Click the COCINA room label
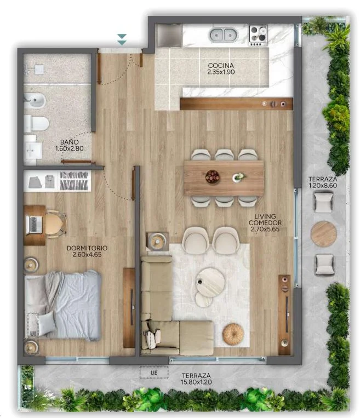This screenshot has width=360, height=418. coord(221,65)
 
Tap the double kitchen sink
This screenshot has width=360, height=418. coord(223,35)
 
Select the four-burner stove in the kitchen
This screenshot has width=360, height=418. coord(258,35)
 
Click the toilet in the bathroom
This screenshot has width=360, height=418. coord(36,123)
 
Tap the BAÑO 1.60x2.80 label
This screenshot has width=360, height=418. coord(70,145)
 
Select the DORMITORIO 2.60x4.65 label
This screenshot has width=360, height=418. coord(87,251)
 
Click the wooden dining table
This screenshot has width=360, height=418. coord(224,178)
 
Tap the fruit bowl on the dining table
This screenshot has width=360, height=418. coord(212,177)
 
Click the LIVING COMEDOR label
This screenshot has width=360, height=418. coord(265,219)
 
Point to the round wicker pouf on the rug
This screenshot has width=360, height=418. coord(233,334)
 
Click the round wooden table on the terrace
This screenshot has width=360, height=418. coord(324,234)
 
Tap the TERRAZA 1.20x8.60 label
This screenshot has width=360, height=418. coord(323,182)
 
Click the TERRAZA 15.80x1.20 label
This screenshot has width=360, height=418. coord(196,379)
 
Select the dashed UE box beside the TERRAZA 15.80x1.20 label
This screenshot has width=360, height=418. coord(154,373)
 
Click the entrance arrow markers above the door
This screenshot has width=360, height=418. coord(122,39)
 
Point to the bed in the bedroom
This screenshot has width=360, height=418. coord(62,306)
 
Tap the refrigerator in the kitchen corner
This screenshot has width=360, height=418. coord(169,36)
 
